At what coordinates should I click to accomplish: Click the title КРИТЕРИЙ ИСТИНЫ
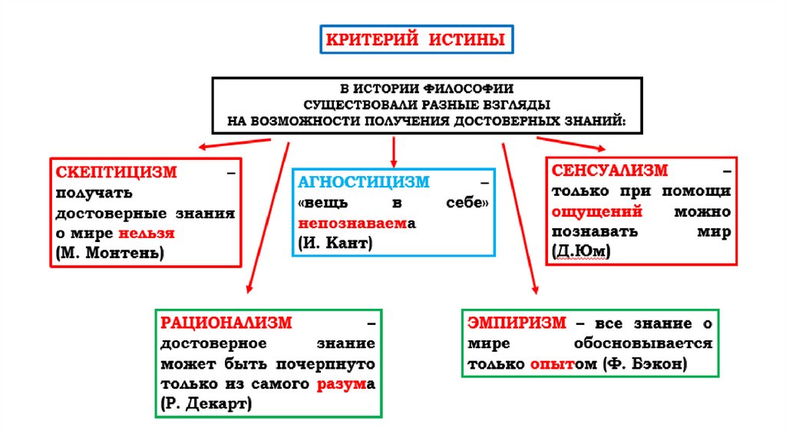pos(417,39)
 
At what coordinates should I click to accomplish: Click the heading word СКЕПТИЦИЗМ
pos(116,171)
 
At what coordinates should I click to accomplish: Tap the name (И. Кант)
pos(335,243)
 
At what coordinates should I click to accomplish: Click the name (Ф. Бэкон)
pos(643,363)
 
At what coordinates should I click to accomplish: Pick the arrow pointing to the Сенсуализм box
pos(571,143)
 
